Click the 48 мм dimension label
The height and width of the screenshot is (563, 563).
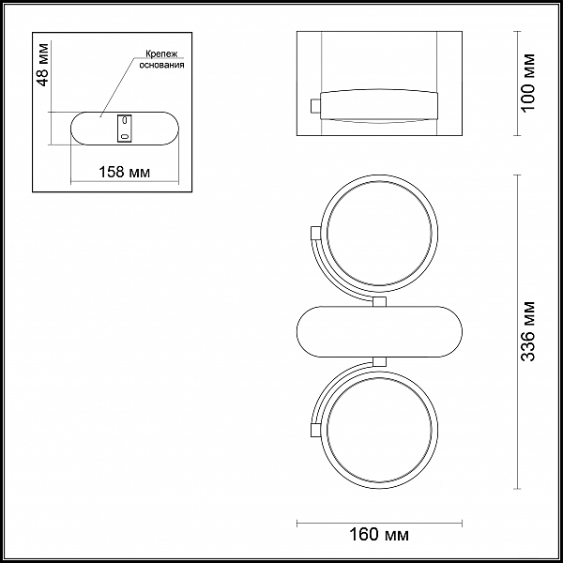click(43, 65)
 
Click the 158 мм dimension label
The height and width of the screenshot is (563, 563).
click(124, 173)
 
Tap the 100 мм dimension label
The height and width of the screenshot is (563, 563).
click(527, 83)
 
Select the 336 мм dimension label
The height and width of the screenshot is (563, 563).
click(527, 331)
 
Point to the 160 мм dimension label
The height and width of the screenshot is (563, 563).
click(379, 535)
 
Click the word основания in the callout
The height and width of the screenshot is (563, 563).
click(162, 65)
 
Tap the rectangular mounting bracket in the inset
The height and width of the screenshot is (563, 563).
click(124, 129)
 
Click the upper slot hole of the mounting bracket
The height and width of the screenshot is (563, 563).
click(125, 119)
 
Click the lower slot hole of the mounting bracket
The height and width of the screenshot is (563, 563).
click(125, 136)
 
